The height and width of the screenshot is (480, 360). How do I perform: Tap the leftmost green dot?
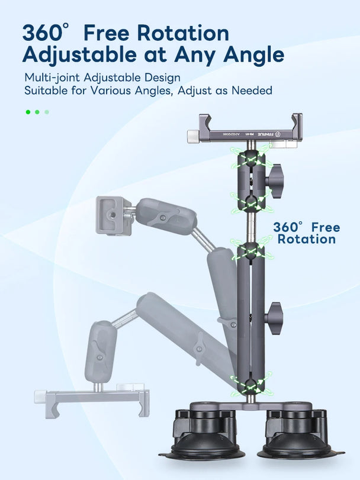click(27, 111)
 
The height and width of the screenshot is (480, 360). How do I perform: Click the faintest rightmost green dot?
click(47, 111)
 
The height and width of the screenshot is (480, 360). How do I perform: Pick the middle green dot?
click(37, 111)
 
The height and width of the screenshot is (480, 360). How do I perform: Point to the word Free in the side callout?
click(325, 227)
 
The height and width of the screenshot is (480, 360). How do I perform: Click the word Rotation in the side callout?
click(306, 240)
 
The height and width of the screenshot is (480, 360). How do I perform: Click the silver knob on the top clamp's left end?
click(192, 137)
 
